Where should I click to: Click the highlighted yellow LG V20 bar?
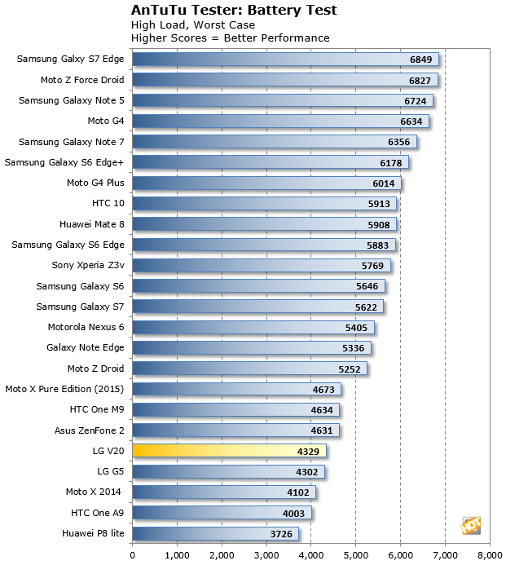(229, 451)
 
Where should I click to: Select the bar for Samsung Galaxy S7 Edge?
(285, 59)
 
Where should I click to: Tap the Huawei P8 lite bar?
(215, 534)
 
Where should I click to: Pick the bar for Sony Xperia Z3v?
(261, 265)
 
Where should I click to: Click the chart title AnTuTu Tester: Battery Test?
(222, 11)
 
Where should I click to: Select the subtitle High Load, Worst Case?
(192, 24)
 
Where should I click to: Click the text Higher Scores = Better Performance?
(230, 38)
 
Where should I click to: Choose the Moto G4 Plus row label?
(95, 183)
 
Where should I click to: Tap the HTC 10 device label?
(108, 203)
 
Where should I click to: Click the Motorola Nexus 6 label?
(86, 327)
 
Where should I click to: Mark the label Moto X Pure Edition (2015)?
(64, 389)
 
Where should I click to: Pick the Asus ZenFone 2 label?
(85, 430)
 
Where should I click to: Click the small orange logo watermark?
(470, 525)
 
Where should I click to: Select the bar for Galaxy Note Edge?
(251, 348)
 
